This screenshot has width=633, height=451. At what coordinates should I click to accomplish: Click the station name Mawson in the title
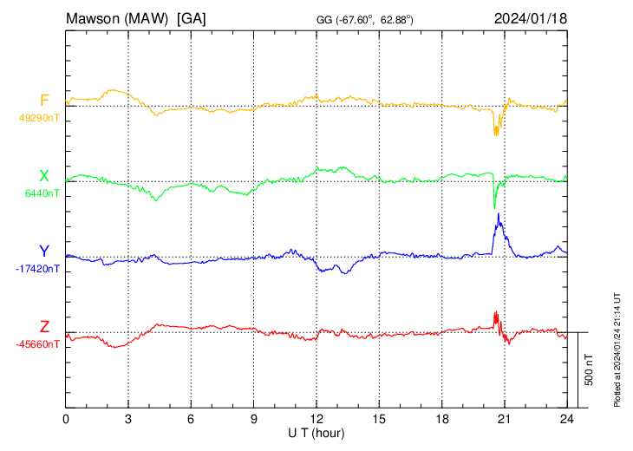tap(95, 17)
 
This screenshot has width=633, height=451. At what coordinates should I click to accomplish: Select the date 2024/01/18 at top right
tap(530, 17)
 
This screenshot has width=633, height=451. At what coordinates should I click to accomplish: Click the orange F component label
tap(44, 100)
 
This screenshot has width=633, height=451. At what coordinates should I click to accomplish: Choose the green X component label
tap(43, 176)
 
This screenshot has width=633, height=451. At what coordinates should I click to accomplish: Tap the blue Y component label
tap(44, 252)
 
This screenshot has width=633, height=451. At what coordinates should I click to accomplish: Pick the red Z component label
tap(44, 327)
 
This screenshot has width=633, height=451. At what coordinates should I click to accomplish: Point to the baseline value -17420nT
tap(37, 269)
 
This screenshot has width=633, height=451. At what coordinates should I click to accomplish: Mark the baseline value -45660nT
tap(37, 344)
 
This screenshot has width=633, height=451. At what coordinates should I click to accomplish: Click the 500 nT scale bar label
tap(589, 369)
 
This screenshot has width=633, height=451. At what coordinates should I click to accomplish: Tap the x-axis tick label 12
tap(316, 418)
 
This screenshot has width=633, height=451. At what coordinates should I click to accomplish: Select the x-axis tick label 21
tap(504, 418)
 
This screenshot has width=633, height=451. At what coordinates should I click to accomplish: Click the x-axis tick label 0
tap(66, 418)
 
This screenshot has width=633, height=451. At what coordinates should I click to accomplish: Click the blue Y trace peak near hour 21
tap(499, 215)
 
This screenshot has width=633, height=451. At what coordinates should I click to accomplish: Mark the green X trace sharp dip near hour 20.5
tap(494, 208)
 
